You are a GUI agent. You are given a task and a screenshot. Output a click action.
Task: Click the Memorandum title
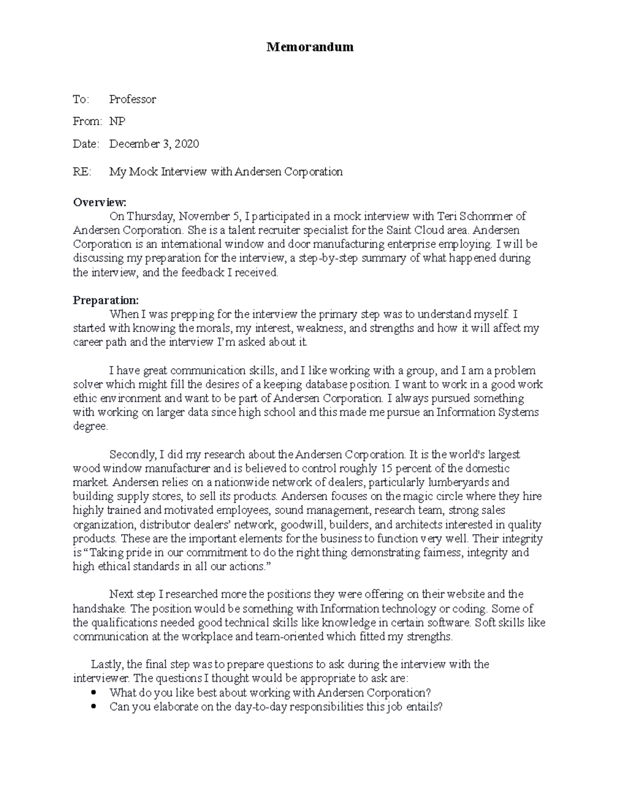point(310,47)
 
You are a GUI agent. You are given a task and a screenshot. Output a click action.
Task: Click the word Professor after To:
point(132,99)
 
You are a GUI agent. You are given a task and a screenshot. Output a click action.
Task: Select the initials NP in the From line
point(117,122)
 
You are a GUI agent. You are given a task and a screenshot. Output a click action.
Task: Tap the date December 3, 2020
point(154,144)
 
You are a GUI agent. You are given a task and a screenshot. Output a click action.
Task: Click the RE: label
point(82,172)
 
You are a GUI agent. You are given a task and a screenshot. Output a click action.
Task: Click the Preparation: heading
point(106,300)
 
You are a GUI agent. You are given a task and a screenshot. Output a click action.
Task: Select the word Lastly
point(107,664)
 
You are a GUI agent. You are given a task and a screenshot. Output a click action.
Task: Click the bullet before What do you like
point(94,693)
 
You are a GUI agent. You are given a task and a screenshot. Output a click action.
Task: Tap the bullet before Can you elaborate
point(94,707)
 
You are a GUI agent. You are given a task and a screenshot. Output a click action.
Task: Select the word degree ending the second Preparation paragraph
point(90,427)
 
